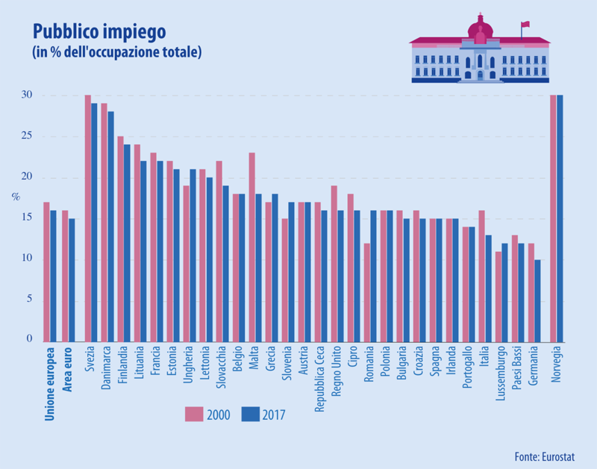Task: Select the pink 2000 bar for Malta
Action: [x=252, y=246]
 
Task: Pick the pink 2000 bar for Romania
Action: [x=367, y=292]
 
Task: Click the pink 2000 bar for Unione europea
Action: [x=46, y=271]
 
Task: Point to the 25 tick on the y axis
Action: [x=27, y=136]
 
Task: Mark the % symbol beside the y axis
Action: [x=15, y=198]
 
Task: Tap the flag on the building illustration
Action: [x=525, y=25]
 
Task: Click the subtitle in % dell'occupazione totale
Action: [x=116, y=54]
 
